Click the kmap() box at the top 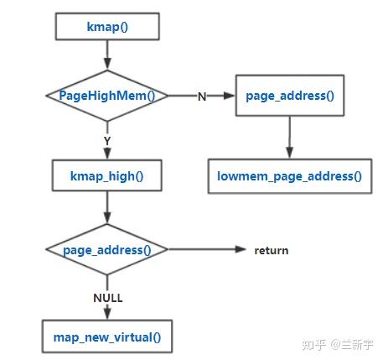[x=107, y=26]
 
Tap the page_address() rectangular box [x=290, y=96]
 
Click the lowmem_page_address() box [x=289, y=176]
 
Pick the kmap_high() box [x=107, y=177]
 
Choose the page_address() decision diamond [x=107, y=250]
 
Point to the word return [x=272, y=250]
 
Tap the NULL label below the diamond [x=107, y=297]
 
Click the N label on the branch [x=202, y=97]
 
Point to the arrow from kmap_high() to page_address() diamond [x=107, y=208]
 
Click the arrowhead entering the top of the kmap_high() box [x=107, y=156]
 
